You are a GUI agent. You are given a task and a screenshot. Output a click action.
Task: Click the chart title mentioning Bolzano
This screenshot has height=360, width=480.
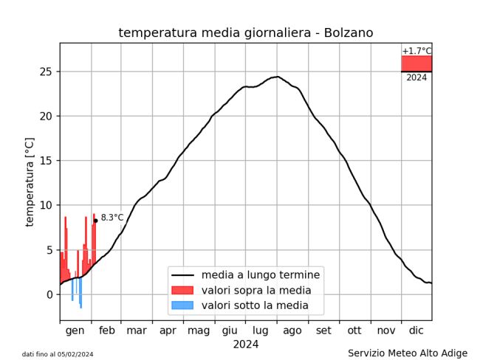[x=245, y=33]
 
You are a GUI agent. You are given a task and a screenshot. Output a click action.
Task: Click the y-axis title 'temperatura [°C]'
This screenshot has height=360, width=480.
[x=30, y=181]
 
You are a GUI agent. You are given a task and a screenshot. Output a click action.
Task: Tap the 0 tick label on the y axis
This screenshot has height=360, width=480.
[x=49, y=294]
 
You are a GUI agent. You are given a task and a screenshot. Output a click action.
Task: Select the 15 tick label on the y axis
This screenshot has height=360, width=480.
[x=46, y=161]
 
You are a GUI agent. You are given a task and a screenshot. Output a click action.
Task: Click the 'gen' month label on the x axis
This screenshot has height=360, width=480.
[x=75, y=330]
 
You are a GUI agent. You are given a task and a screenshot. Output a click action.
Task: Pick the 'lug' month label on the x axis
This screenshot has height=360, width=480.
[x=261, y=330]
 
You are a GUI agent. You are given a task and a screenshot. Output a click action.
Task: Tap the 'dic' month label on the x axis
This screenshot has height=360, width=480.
[x=416, y=330]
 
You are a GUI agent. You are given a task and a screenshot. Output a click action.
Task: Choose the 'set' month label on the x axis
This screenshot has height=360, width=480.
[x=323, y=330]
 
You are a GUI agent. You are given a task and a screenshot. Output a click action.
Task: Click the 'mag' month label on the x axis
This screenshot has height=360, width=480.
[x=199, y=330]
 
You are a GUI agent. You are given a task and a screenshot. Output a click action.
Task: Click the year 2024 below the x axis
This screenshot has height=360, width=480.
[x=246, y=344]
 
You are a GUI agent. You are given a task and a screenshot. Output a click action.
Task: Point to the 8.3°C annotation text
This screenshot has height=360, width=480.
[x=112, y=218]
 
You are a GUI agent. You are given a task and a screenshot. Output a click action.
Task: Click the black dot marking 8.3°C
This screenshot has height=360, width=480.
[x=95, y=221]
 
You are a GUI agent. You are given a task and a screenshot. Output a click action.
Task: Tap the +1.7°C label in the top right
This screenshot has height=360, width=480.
[x=416, y=51]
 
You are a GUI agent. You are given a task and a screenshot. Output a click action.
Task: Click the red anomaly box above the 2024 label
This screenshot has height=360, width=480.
[x=416, y=63]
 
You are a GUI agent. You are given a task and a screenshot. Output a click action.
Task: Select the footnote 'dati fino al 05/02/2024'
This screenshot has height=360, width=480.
[x=58, y=354]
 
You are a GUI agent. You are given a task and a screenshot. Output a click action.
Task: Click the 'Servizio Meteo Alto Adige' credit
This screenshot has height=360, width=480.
[x=408, y=353]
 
